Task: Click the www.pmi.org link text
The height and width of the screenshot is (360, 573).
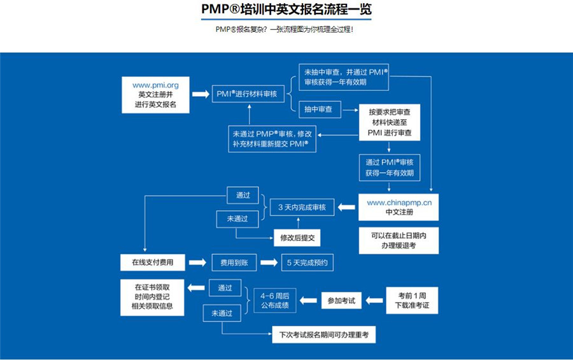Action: click(155, 84)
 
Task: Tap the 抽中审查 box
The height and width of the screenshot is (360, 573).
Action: click(319, 110)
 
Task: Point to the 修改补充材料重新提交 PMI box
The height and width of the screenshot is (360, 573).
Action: click(272, 139)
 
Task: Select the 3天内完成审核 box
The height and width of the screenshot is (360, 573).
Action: click(302, 208)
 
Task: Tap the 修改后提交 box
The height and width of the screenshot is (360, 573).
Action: click(297, 238)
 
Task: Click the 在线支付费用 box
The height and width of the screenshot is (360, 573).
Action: click(153, 262)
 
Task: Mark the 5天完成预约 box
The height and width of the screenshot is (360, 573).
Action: click(309, 262)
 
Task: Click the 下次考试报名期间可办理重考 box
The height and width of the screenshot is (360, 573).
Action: click(323, 335)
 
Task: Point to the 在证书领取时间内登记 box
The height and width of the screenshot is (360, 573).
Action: click(153, 296)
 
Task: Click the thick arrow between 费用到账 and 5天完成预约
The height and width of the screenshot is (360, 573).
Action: click(270, 262)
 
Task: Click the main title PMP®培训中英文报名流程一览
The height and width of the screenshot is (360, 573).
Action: click(286, 10)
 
